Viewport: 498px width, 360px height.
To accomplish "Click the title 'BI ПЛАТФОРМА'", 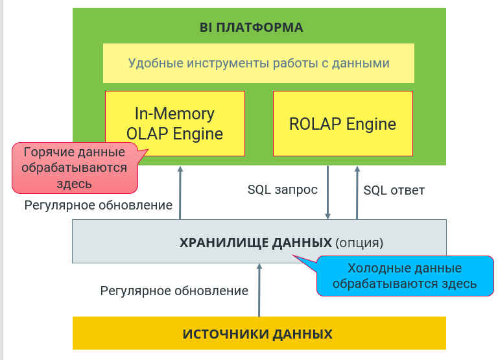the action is tap(251, 27).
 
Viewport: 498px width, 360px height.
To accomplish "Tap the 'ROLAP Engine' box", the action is tap(343, 123).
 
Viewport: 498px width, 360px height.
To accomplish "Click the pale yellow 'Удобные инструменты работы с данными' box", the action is tap(259, 63).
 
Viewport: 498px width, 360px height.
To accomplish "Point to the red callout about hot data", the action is tap(75, 168).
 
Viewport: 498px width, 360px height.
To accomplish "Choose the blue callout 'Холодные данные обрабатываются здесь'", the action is tap(405, 276).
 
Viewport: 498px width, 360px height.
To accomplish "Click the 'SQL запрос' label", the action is tap(282, 189).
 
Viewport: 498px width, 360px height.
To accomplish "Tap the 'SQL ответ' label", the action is tap(394, 190).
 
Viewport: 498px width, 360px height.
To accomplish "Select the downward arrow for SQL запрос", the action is tap(327, 193).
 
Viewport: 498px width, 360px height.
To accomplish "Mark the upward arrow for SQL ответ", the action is tap(357, 193).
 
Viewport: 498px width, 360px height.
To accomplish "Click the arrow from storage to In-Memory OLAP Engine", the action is tap(180, 193).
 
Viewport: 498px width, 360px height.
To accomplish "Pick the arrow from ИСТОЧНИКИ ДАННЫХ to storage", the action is tap(259, 290).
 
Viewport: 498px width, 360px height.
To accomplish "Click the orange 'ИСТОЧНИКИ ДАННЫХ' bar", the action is tap(259, 333).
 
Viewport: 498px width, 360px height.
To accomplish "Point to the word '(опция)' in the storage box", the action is tap(359, 243).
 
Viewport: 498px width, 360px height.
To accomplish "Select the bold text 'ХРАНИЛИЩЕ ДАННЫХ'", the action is tap(255, 243).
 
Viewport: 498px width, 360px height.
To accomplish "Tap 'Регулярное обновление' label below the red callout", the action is tap(99, 205).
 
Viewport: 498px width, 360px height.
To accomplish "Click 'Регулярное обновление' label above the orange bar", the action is tap(174, 291).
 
